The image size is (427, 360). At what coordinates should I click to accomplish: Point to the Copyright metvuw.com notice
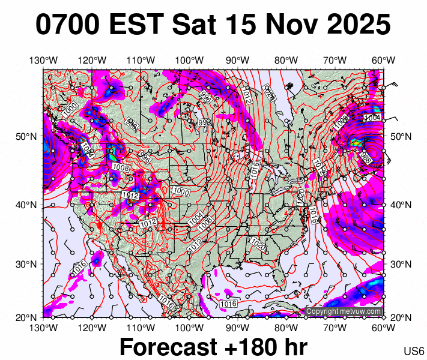coord(344,311)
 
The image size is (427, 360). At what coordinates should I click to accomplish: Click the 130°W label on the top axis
coord(43,60)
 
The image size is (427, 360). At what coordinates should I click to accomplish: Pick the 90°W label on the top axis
coord(238,60)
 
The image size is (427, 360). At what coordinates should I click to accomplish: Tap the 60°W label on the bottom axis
coord(383,328)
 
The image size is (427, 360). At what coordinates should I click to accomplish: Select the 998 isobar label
coord(205,122)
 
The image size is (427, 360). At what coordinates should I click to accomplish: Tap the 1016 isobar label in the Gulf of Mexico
coord(228,305)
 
